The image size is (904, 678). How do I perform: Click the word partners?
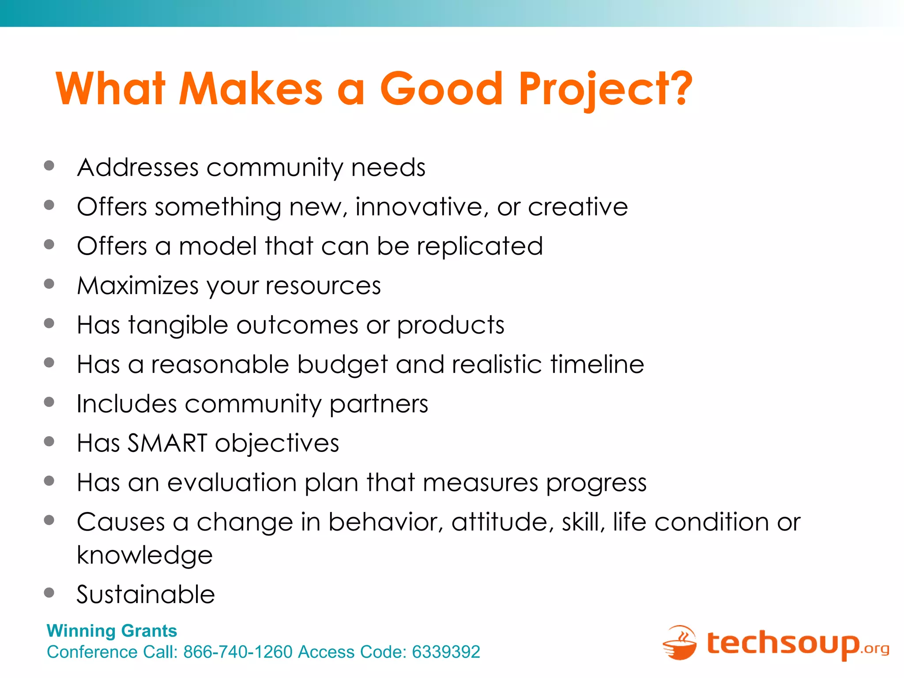(x=379, y=404)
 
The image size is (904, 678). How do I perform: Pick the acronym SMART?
(x=167, y=443)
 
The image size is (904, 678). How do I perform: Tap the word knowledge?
(x=145, y=555)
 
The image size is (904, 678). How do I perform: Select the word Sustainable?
(x=146, y=594)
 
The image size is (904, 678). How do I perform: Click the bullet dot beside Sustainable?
(x=49, y=592)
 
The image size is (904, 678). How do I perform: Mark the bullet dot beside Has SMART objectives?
(x=49, y=441)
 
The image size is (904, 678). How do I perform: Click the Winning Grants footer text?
(x=112, y=631)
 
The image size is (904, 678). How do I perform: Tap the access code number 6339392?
(x=446, y=652)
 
